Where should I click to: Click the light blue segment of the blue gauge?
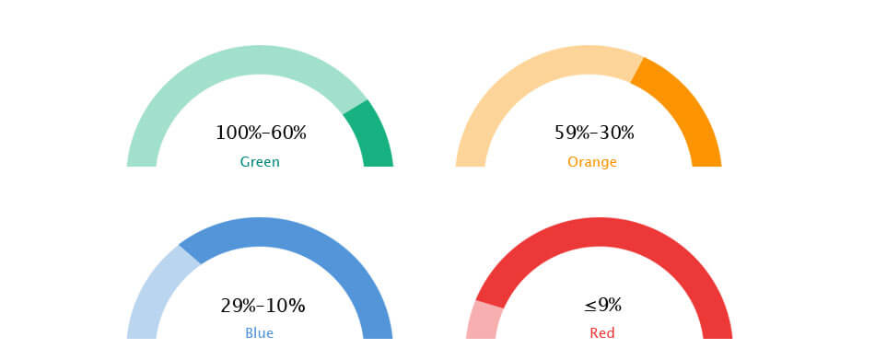click(154, 290)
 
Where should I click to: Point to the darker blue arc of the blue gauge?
click(312, 241)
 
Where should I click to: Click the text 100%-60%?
click(261, 133)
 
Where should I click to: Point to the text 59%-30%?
click(594, 133)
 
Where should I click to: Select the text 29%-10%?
click(262, 306)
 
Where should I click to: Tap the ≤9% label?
click(602, 305)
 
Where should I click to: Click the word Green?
click(260, 162)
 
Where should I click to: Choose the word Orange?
click(592, 162)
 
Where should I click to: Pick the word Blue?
click(260, 333)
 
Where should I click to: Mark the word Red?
click(602, 333)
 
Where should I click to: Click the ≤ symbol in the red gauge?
click(590, 306)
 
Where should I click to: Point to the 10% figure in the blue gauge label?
click(286, 306)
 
